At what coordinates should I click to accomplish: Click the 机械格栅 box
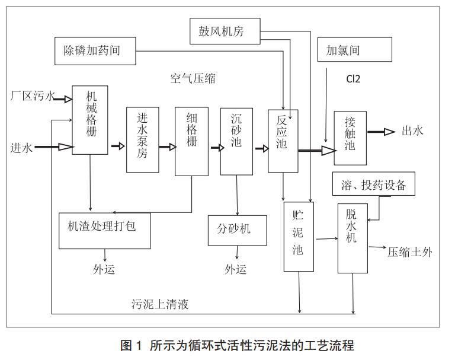point(91,120)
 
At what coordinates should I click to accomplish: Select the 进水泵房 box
point(143,140)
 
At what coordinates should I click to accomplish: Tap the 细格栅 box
point(191,141)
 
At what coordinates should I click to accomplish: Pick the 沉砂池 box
point(236,141)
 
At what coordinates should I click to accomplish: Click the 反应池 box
point(283,141)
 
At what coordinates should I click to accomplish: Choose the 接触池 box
point(350,137)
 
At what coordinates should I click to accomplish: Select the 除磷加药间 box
point(94,50)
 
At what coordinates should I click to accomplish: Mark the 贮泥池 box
point(298,237)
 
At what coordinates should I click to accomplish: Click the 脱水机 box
point(353,238)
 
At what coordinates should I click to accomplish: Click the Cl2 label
point(354,79)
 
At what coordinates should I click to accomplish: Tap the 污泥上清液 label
point(160,305)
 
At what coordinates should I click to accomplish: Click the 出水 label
point(413,132)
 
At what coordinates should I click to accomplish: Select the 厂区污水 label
point(32,95)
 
